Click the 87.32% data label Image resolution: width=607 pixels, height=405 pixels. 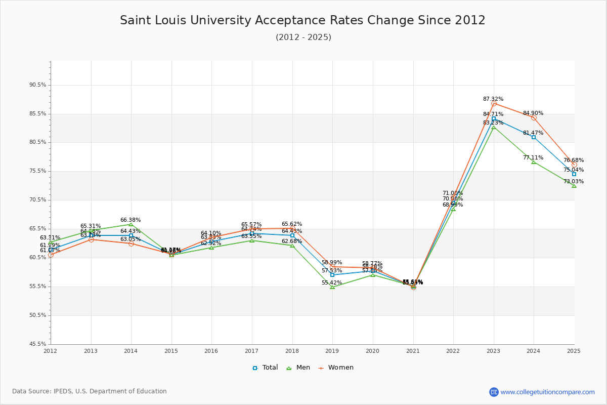coord(493,99)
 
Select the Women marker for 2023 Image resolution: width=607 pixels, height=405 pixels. coord(494,104)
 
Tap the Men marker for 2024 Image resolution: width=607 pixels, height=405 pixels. coord(534,161)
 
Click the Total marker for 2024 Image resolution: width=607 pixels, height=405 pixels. coord(534,137)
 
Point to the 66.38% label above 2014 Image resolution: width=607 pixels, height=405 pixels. coord(131,220)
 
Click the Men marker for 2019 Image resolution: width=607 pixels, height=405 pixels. coord(332,287)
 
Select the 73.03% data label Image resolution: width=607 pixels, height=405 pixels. coord(574,182)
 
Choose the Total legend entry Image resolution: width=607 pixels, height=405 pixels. coord(265,368)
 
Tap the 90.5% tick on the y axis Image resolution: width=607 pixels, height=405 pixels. coord(38,85)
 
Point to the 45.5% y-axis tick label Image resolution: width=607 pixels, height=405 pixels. coord(38,344)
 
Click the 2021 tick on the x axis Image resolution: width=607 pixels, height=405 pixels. coord(413,351)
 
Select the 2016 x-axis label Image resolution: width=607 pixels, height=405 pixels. coord(211,351)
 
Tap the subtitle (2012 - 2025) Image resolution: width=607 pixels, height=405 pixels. coord(303,37)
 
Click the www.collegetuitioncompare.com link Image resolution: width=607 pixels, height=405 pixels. coord(547,392)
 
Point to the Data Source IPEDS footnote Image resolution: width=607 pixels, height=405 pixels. coord(90,391)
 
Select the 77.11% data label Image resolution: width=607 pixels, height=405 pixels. coord(533,158)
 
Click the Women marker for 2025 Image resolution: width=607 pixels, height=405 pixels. coord(574,165)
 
